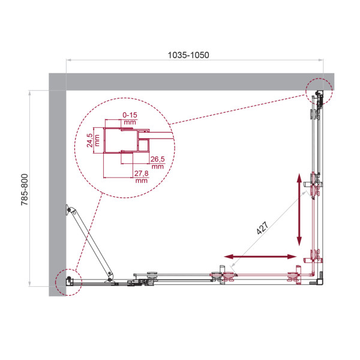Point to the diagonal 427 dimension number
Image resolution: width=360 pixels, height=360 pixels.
(262, 228)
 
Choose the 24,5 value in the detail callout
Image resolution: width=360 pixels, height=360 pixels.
(90, 140)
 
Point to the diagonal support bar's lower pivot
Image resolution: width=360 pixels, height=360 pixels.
(110, 277)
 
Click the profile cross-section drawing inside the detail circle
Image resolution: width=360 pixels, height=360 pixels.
(126, 145)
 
